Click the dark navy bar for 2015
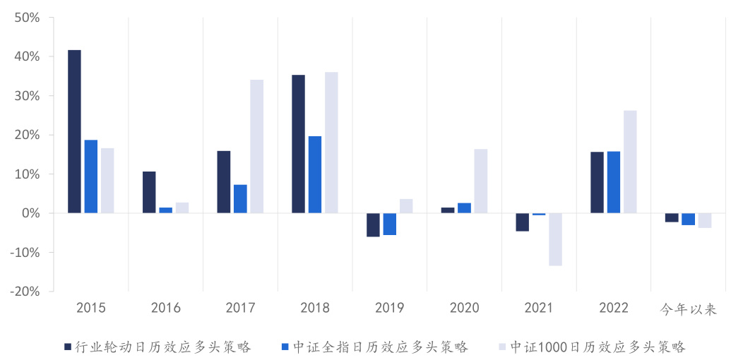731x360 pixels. coord(74,131)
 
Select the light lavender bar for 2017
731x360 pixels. coord(256,146)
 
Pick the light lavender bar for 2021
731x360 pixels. coord(555,239)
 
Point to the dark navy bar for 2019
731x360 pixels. coord(373,224)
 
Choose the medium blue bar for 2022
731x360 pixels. coord(613,182)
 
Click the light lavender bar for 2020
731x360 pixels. coord(480,181)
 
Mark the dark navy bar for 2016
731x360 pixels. coord(149,192)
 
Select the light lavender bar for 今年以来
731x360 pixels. coord(704,220)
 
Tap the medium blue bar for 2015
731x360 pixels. coord(90,176)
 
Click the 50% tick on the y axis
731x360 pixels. coord(26,17)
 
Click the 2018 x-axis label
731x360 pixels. coord(315,308)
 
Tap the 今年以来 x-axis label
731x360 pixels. coord(688,309)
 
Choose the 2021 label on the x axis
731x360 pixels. coord(539,308)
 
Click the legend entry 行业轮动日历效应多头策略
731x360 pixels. coord(163,347)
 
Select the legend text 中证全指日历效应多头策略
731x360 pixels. coord(381,347)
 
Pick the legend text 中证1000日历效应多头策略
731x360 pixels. coord(598,347)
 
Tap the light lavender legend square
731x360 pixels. coord(502,347)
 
